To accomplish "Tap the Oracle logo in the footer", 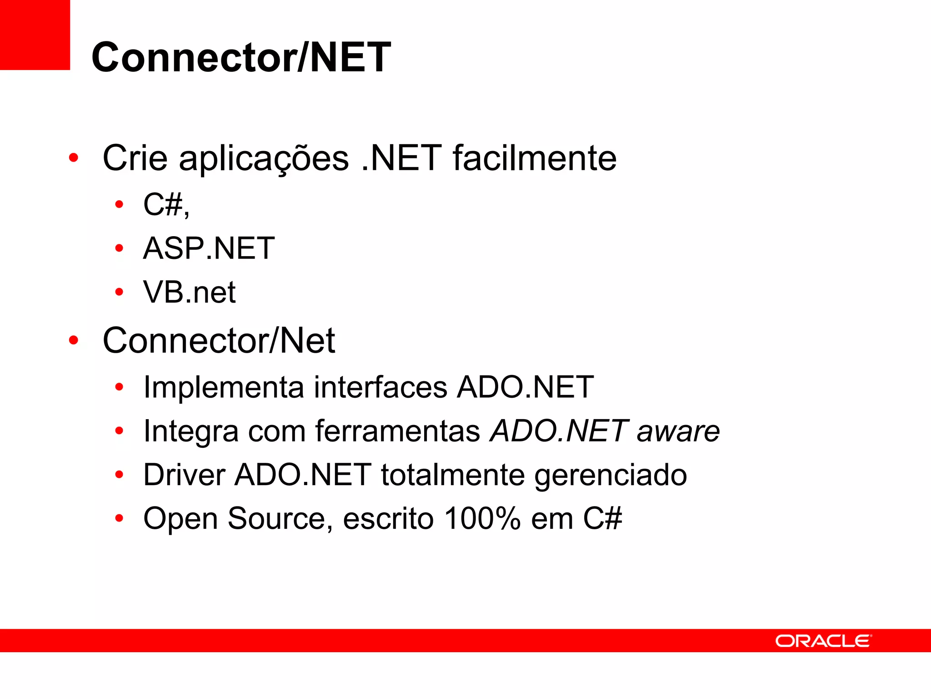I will pos(823,641).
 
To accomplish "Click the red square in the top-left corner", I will pos(35,35).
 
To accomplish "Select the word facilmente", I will pos(535,158).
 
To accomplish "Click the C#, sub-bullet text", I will pos(166,204).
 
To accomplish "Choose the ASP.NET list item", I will pos(209,248).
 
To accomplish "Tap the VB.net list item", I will pos(189,292).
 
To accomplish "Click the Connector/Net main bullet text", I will pos(219,340).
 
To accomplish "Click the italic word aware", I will pos(678,431).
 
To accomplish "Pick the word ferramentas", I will pos(398,431).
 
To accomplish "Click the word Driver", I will pos(184,475).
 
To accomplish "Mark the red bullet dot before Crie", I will pos(73,158).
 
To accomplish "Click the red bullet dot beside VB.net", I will pos(119,292).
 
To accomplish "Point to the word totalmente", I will pos(453,475).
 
